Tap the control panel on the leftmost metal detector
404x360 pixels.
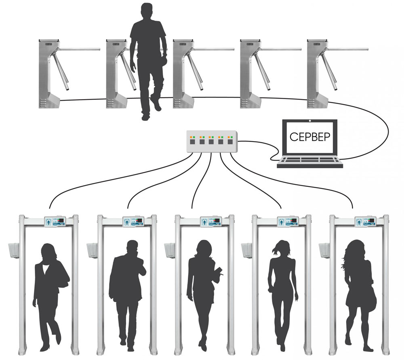click(x=55, y=221)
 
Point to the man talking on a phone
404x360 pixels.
click(x=126, y=291)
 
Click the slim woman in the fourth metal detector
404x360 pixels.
click(x=281, y=291)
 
